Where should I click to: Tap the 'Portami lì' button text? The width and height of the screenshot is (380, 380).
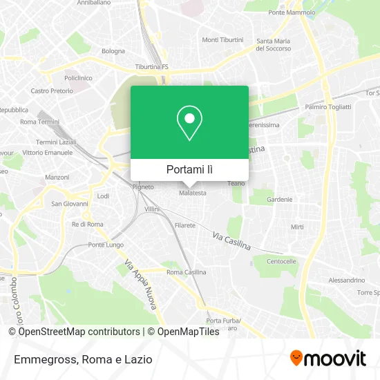189,169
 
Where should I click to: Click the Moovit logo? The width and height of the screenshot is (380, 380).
327,359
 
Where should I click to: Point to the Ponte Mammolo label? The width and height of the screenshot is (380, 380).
291,13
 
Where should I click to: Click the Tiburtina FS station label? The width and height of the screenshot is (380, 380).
152,67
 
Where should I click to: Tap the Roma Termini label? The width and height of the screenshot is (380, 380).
40,122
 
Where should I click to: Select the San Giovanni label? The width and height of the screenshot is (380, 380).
70,204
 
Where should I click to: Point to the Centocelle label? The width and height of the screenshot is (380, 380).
281,262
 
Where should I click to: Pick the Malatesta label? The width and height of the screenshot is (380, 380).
193,193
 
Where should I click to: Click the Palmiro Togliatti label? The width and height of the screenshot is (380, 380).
328,107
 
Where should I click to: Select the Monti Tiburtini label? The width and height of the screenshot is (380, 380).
222,39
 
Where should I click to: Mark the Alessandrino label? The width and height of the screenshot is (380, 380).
346,280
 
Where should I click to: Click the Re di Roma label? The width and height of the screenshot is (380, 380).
87,225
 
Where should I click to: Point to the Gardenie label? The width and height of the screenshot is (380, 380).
280,199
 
